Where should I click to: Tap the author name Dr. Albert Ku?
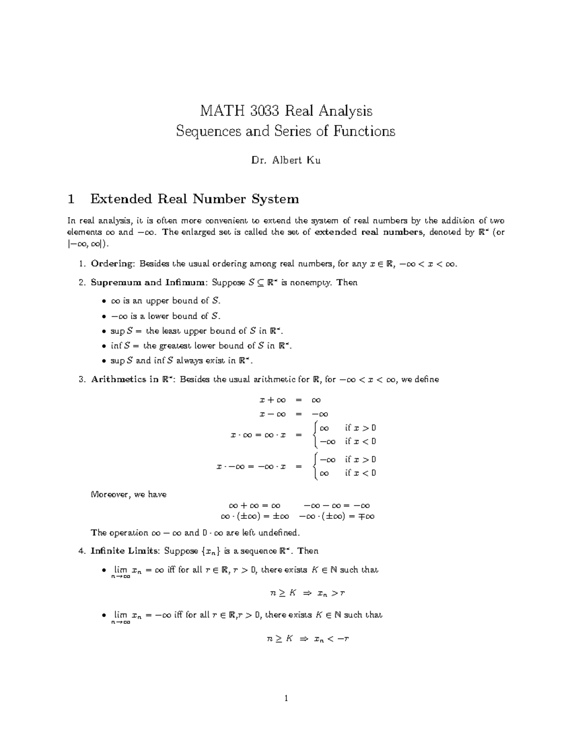coord(286,160)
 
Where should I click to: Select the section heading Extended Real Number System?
coord(194,199)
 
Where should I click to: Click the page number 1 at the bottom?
coord(286,699)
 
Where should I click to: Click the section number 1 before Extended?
coord(71,199)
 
